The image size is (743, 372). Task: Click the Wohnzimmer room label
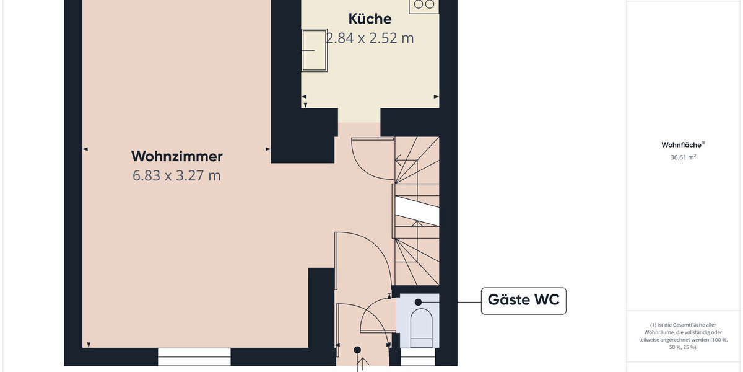(x=177, y=156)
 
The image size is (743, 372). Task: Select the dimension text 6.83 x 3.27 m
(x=177, y=175)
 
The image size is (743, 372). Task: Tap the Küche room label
(x=370, y=19)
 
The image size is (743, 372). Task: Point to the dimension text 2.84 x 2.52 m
(x=370, y=38)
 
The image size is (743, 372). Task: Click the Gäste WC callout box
(x=523, y=301)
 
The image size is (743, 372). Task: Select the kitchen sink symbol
(x=315, y=50)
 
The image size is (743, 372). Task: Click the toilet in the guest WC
(x=421, y=328)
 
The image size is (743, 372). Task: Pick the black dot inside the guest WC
(x=419, y=303)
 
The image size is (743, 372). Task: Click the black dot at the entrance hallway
(x=357, y=350)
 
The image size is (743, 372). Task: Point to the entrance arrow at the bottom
(x=363, y=365)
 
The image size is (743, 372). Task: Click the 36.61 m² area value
(x=683, y=157)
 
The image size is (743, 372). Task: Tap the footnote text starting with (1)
(x=683, y=336)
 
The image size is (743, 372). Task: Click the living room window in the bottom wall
(x=194, y=357)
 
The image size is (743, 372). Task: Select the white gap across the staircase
(x=417, y=211)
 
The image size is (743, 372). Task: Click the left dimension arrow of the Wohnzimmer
(x=85, y=149)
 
